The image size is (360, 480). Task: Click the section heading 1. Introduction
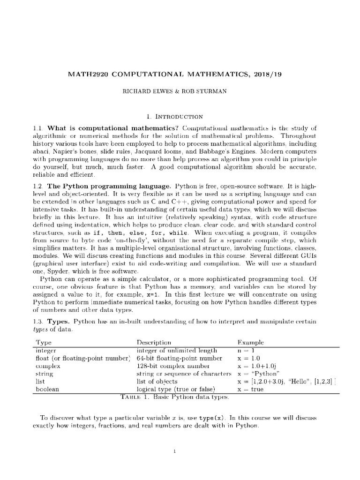[180, 116]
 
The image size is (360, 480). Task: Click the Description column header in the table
[154, 343]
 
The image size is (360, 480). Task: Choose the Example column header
[250, 343]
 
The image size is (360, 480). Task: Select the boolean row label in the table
[47, 389]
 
